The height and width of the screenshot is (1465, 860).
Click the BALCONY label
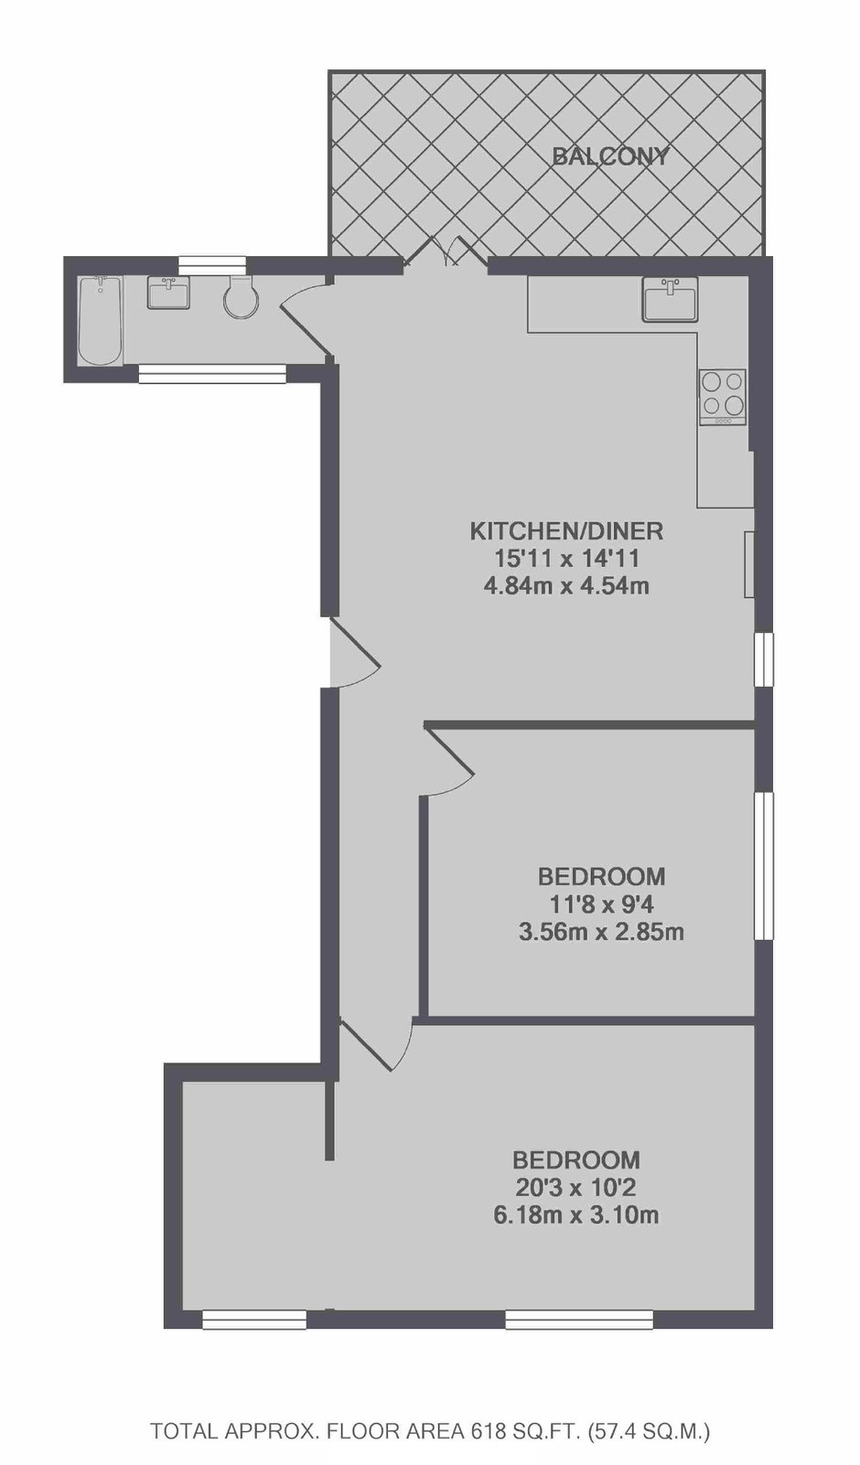[x=610, y=157]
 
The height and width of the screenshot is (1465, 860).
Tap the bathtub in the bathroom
[x=100, y=320]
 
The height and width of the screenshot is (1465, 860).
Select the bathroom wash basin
[x=168, y=292]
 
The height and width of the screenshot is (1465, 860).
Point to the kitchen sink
[x=670, y=300]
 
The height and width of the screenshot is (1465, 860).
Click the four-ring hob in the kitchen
[x=723, y=397]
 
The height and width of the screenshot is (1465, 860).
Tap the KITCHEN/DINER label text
[x=567, y=531]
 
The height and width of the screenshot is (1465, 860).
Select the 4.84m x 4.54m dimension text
[x=567, y=585]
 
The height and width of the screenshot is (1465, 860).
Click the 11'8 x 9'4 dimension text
[x=602, y=905]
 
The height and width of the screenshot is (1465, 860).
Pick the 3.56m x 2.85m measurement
[x=601, y=932]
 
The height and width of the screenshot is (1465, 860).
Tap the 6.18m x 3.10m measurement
[x=576, y=1216]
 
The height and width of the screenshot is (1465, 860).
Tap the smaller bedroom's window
[x=763, y=866]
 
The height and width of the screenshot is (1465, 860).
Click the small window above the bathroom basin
[x=212, y=265]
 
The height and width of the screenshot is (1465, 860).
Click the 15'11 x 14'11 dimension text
[x=567, y=559]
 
